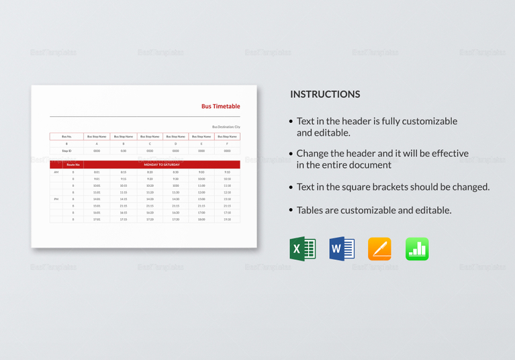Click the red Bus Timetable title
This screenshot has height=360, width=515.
[220, 106]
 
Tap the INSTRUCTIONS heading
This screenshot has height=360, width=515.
[325, 95]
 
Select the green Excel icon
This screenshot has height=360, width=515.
[303, 249]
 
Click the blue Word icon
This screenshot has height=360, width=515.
[342, 249]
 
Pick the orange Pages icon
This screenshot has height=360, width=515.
[379, 249]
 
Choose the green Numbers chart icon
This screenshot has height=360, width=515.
[417, 249]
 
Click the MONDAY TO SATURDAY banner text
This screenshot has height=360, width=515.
[162, 165]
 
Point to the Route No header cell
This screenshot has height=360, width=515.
[73, 165]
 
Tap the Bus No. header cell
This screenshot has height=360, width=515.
[66, 136]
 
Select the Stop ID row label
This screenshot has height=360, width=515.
[66, 151]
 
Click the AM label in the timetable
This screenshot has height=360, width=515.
[56, 173]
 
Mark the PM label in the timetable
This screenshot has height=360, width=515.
[56, 199]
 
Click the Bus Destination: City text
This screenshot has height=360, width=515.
[226, 127]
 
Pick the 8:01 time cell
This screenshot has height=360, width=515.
[97, 173]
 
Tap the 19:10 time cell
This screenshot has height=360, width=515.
[227, 220]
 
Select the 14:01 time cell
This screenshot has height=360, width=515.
[97, 199]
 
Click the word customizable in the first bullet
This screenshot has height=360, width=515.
[426, 122]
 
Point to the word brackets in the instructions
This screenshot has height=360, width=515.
[397, 187]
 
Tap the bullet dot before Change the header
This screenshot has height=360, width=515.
[291, 154]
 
